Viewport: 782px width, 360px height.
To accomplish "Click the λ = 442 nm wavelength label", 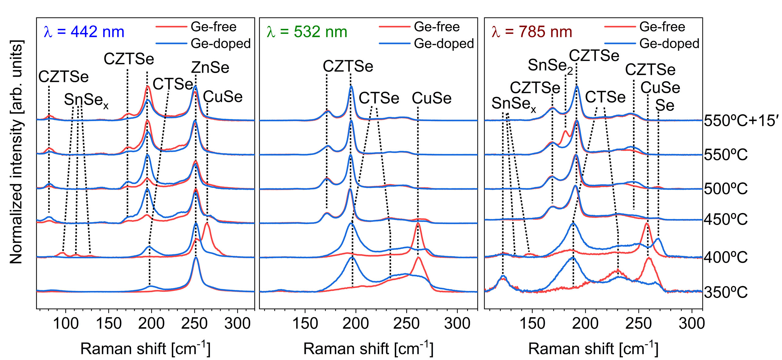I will (x=84, y=32).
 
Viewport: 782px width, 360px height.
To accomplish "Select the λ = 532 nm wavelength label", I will (x=307, y=32).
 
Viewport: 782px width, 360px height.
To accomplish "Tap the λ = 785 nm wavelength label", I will (x=532, y=32).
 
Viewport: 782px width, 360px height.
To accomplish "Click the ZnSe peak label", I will (x=210, y=67).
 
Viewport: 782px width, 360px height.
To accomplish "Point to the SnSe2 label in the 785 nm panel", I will (x=550, y=65).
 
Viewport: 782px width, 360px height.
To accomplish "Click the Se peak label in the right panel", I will (x=665, y=105).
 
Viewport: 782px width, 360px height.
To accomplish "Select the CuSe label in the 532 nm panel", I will (x=431, y=98).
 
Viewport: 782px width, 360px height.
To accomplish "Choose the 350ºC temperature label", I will (x=725, y=292).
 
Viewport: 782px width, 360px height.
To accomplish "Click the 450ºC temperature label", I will (x=725, y=219).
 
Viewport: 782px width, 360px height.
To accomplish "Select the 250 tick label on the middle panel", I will (x=407, y=323).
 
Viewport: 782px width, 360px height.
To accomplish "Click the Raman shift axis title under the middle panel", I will (x=368, y=348).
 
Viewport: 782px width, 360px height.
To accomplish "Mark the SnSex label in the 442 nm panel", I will (x=86, y=100).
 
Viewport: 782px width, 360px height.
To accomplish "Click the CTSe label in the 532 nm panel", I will (x=379, y=98).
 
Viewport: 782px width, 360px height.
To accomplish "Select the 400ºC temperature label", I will (x=725, y=257).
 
